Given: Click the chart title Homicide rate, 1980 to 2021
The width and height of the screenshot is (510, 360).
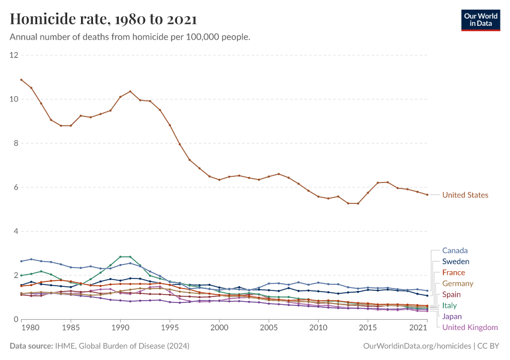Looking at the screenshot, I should pyautogui.click(x=103, y=20).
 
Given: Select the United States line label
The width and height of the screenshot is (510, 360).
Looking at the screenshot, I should pyautogui.click(x=465, y=195).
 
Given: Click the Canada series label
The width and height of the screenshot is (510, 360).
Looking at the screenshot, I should pyautogui.click(x=455, y=250).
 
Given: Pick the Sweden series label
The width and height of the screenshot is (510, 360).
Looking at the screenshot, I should pyautogui.click(x=455, y=262).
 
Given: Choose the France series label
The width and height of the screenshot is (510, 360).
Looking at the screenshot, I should pyautogui.click(x=454, y=272).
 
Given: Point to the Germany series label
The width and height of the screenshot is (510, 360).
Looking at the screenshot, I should pyautogui.click(x=458, y=283).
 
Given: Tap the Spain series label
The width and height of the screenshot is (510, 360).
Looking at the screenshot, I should pyautogui.click(x=452, y=295).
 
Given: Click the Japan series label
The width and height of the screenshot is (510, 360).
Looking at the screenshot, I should pyautogui.click(x=452, y=316).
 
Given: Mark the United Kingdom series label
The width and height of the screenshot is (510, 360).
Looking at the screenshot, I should pyautogui.click(x=470, y=328).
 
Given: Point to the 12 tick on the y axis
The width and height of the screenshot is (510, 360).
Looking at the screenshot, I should pyautogui.click(x=14, y=55).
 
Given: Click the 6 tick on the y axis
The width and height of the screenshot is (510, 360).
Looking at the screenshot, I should pyautogui.click(x=16, y=187).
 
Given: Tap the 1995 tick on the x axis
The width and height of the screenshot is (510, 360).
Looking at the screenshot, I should pyautogui.click(x=170, y=329).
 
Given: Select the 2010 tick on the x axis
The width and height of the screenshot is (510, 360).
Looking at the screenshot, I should pyautogui.click(x=319, y=329).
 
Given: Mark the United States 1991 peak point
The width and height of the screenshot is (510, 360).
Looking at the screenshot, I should pyautogui.click(x=130, y=91).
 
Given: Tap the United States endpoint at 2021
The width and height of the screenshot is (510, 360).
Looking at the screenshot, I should pyautogui.click(x=427, y=194).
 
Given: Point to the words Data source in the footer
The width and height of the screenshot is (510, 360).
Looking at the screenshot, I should pyautogui.click(x=31, y=346).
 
